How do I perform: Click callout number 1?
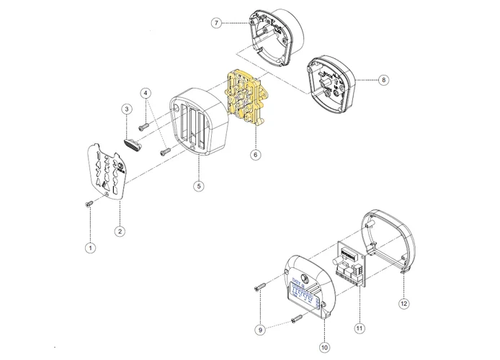pyautogui.click(x=90, y=248)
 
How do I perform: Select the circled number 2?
pyautogui.click(x=120, y=231)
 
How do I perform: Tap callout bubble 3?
pyautogui.click(x=126, y=109)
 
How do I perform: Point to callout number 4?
pyautogui.click(x=146, y=94)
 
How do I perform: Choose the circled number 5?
pyautogui.click(x=199, y=186)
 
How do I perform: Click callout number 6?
pyautogui.click(x=254, y=154)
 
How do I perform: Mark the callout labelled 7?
pyautogui.click(x=215, y=23)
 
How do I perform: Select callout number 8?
pyautogui.click(x=383, y=79)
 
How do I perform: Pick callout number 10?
pyautogui.click(x=324, y=347)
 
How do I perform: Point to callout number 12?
pyautogui.click(x=403, y=304)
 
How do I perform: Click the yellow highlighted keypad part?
pyautogui.click(x=246, y=100)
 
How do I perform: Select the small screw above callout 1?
pyautogui.click(x=88, y=204)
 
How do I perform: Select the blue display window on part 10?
pyautogui.click(x=304, y=294)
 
